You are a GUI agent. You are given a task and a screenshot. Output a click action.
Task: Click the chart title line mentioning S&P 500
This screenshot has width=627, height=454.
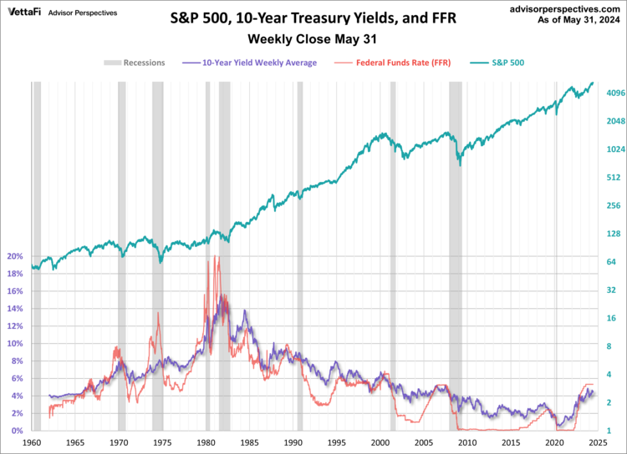313,16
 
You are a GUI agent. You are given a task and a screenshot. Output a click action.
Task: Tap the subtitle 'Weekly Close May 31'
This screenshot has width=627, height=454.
313,38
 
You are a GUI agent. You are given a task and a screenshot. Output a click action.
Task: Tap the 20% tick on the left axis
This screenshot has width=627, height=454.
14,256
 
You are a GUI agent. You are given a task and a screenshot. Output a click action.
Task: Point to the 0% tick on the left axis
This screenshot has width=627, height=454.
17,431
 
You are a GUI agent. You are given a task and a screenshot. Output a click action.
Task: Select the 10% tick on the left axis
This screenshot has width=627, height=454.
14,344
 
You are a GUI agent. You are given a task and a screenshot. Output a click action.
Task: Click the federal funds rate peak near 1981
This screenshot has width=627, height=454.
215,256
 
